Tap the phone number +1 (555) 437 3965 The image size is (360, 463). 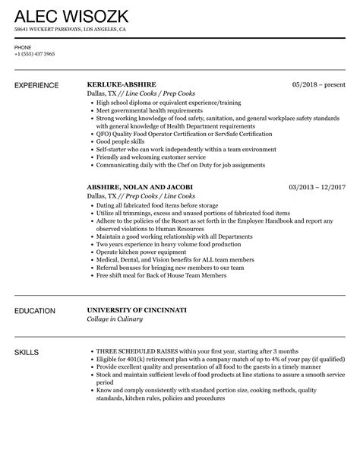coord(34,54)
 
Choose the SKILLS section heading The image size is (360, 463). coord(27,352)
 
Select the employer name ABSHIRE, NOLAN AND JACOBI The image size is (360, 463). coord(140,187)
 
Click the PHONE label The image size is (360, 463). coord(23,46)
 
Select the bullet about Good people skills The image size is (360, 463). coord(123,141)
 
